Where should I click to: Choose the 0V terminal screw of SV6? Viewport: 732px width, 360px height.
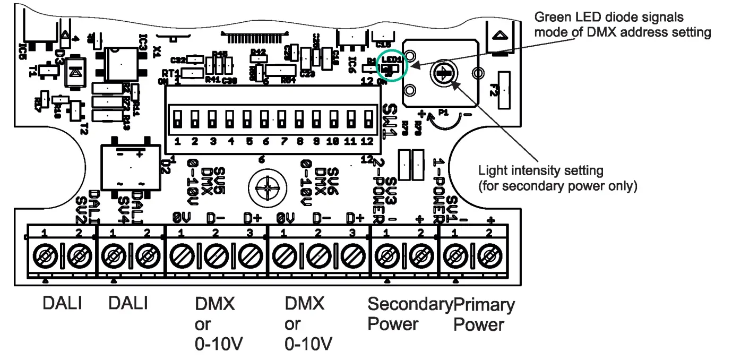pyautogui.click(x=284, y=259)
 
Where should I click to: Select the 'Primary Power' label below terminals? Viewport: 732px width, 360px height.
pyautogui.click(x=483, y=315)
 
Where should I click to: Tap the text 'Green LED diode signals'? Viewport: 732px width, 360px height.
pyautogui.click(x=609, y=18)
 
